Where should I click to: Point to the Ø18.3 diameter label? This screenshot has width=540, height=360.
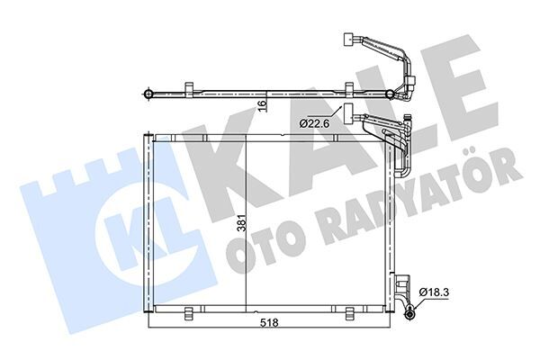(x=436, y=292)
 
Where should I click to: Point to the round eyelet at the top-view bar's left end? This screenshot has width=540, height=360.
(x=146, y=93)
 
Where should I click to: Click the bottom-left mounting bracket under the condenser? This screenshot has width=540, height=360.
(x=190, y=313)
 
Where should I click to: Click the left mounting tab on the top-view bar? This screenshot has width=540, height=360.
(x=189, y=86)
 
